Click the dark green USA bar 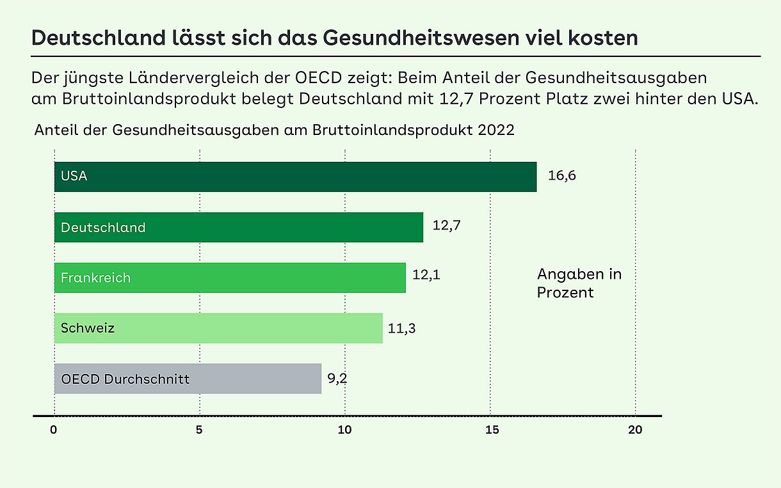coord(295,177)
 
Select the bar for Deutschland coord(238,227)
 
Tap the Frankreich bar coord(229,278)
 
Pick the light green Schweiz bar coord(218,328)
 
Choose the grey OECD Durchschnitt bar coord(187,379)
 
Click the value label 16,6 coord(561,176)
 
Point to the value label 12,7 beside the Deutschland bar coord(447,226)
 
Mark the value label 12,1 coord(426,276)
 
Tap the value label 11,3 coord(401,329)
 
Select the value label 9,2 coord(337,378)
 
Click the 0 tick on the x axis coord(54,430)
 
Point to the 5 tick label coord(200,430)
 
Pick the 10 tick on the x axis coord(344,430)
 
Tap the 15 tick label coord(490,430)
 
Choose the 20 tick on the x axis coord(634,430)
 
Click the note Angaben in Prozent coord(579,283)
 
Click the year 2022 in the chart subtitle coord(495,130)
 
